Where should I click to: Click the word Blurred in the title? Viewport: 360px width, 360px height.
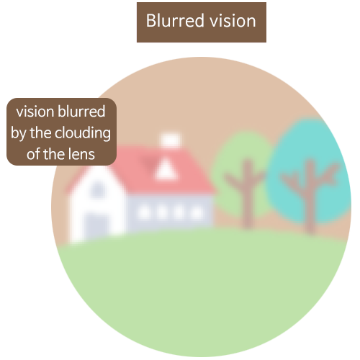pos(175,21)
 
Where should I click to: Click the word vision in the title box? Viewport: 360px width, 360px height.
pos(233,21)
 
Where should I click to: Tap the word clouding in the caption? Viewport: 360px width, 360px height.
pos(83,133)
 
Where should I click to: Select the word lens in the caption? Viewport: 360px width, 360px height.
pos(81,154)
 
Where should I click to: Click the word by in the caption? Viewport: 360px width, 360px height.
pos(19,134)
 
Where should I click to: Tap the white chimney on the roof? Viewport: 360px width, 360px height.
pos(171,140)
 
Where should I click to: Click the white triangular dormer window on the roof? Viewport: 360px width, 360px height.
pos(166,170)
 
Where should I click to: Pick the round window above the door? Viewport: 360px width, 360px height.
pos(97,189)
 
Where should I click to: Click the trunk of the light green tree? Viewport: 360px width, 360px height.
pos(247,193)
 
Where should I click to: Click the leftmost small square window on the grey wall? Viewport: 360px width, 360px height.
pos(144,212)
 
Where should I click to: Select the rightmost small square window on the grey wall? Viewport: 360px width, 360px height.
pos(197,212)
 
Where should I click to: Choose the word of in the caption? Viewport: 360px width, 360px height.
pos(33,154)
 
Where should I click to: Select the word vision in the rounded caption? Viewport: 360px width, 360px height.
pos(35,112)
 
